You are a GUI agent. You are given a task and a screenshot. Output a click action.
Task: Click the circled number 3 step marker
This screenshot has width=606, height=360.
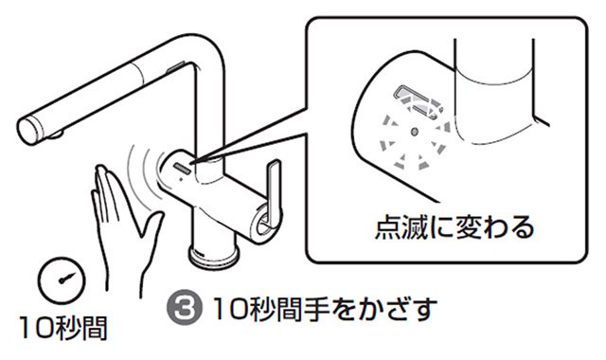tap(184, 307)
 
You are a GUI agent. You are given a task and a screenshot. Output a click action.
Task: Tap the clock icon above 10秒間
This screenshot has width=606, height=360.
tap(62, 279)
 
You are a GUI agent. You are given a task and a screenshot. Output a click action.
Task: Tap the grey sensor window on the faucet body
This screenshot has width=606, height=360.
tap(183, 169)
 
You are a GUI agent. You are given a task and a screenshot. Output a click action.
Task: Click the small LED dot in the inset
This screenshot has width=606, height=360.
tap(415, 132)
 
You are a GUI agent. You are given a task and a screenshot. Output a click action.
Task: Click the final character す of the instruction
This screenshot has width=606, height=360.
tap(424, 309)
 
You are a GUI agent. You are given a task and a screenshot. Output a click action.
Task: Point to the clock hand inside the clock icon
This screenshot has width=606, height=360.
tap(65, 278)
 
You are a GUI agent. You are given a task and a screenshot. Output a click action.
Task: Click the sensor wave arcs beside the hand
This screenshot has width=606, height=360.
tap(142, 171)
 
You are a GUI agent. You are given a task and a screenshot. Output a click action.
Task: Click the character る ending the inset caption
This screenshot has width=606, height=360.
tap(522, 227)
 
